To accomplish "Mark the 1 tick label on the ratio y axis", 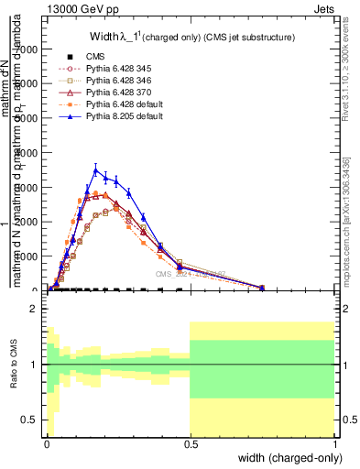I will pos(34,365).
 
